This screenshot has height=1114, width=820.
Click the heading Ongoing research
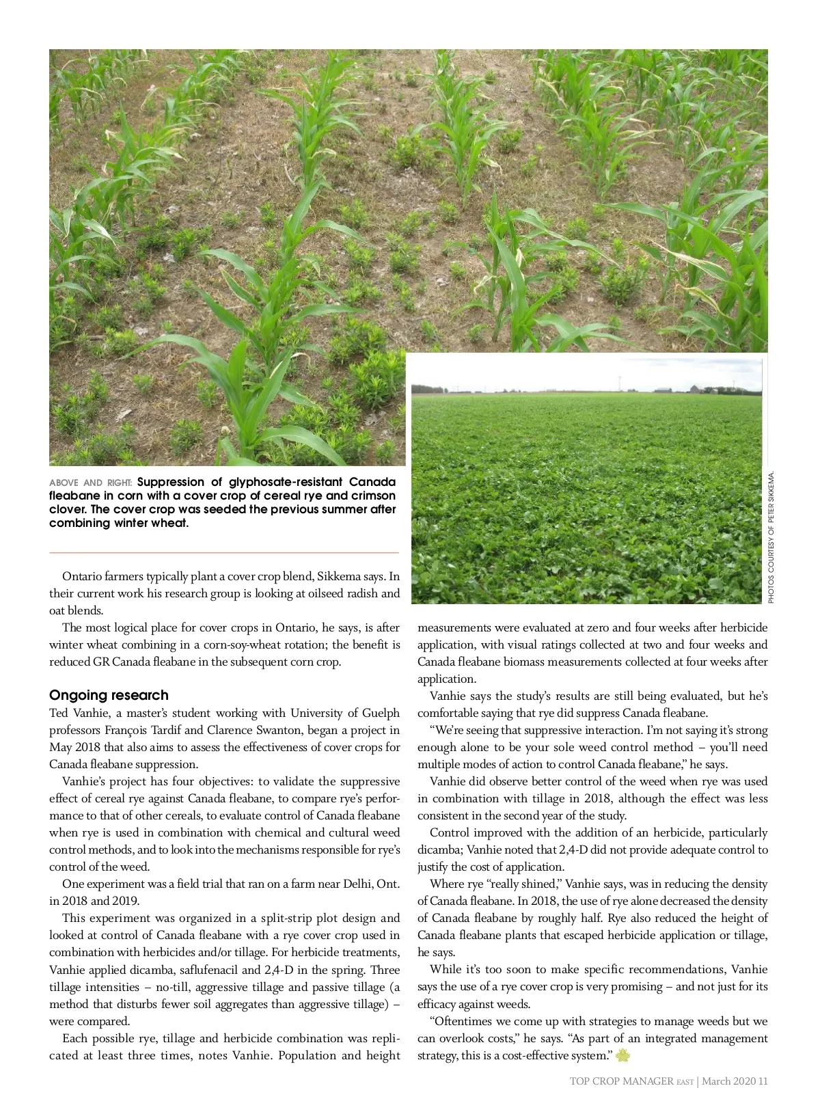109,695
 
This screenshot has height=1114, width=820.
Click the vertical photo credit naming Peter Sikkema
771,537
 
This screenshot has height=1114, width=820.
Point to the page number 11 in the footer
763,1081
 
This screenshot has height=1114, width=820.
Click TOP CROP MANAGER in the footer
621,1081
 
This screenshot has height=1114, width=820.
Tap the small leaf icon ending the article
622,1056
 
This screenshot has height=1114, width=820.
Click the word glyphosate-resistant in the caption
286,482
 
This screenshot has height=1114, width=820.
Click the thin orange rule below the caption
223,552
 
